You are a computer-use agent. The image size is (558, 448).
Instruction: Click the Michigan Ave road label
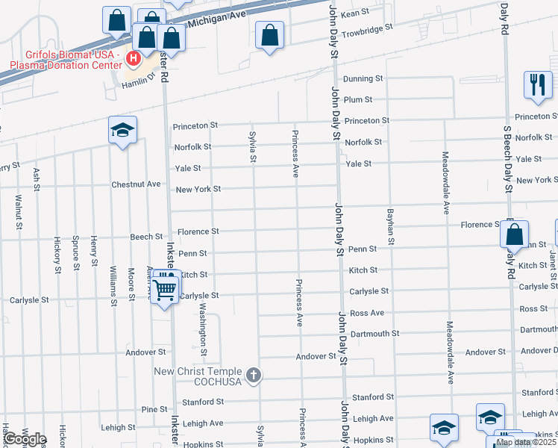tap(218, 19)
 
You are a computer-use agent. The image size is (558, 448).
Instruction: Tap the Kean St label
tap(355, 13)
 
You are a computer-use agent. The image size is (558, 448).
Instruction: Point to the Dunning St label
tap(363, 78)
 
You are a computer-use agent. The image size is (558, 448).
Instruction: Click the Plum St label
tap(358, 99)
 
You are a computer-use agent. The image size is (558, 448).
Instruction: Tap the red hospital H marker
tap(134, 57)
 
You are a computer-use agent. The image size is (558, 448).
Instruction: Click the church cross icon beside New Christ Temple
tap(254, 375)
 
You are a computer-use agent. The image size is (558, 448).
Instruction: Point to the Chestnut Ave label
tap(136, 184)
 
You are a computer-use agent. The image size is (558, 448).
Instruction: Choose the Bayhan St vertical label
tap(390, 227)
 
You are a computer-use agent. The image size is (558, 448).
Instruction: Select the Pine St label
tap(154, 409)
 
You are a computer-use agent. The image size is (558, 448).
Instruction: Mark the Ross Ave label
tap(366, 313)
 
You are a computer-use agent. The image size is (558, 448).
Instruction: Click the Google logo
tap(25, 439)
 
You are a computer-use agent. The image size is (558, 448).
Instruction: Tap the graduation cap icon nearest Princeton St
tap(122, 131)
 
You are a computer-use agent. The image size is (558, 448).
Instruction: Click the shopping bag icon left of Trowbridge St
tap(269, 34)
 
